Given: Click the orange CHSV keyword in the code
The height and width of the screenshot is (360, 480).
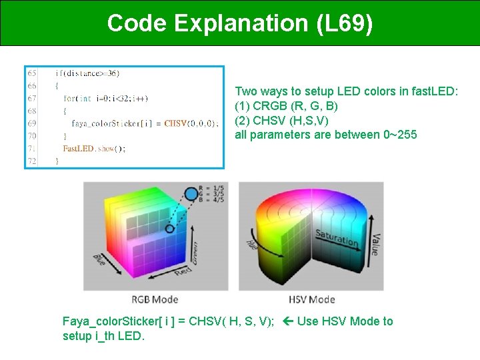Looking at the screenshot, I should pos(175,123).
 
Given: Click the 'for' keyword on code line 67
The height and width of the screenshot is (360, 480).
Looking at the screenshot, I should pos(70,98).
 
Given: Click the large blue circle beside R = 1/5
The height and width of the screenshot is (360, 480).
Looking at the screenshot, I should pos(191,195).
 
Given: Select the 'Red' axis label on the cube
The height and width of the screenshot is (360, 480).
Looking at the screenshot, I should pos(182,271).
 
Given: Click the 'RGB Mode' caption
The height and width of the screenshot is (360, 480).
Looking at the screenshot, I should pos(155,299).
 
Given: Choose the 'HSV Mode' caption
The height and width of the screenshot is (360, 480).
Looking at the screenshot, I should pos(312,299).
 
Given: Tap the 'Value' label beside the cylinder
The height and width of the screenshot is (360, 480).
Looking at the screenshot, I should pos(374,243).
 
